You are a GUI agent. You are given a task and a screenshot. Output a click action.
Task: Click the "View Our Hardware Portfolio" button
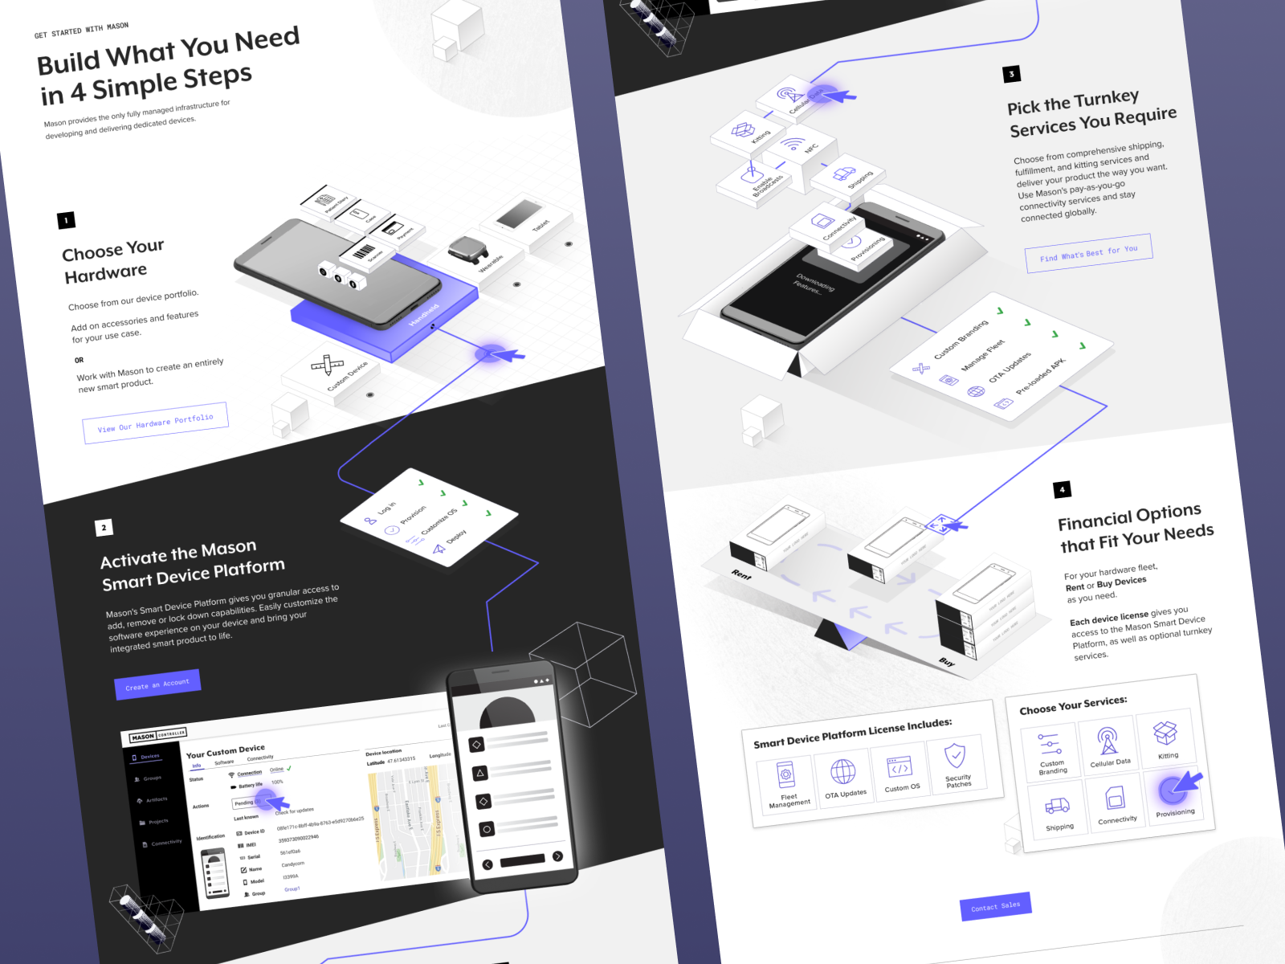coord(155,423)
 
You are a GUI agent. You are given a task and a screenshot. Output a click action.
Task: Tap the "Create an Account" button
coord(157,684)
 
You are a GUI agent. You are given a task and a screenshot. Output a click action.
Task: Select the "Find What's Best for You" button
coord(1088,253)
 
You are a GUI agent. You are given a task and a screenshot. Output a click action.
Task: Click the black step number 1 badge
coord(66,220)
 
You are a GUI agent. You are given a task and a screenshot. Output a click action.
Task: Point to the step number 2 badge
coord(104,528)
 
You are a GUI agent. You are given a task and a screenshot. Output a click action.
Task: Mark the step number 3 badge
coord(1011,74)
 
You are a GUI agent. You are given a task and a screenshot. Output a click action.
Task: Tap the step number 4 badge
coord(1062,489)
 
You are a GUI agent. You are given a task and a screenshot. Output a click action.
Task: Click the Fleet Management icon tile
coord(787,783)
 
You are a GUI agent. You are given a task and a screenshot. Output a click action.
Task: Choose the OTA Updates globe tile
coord(843,776)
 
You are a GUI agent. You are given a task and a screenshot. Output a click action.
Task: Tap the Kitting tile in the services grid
coord(1166,737)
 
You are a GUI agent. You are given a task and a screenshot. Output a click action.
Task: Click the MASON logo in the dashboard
coord(143,737)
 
